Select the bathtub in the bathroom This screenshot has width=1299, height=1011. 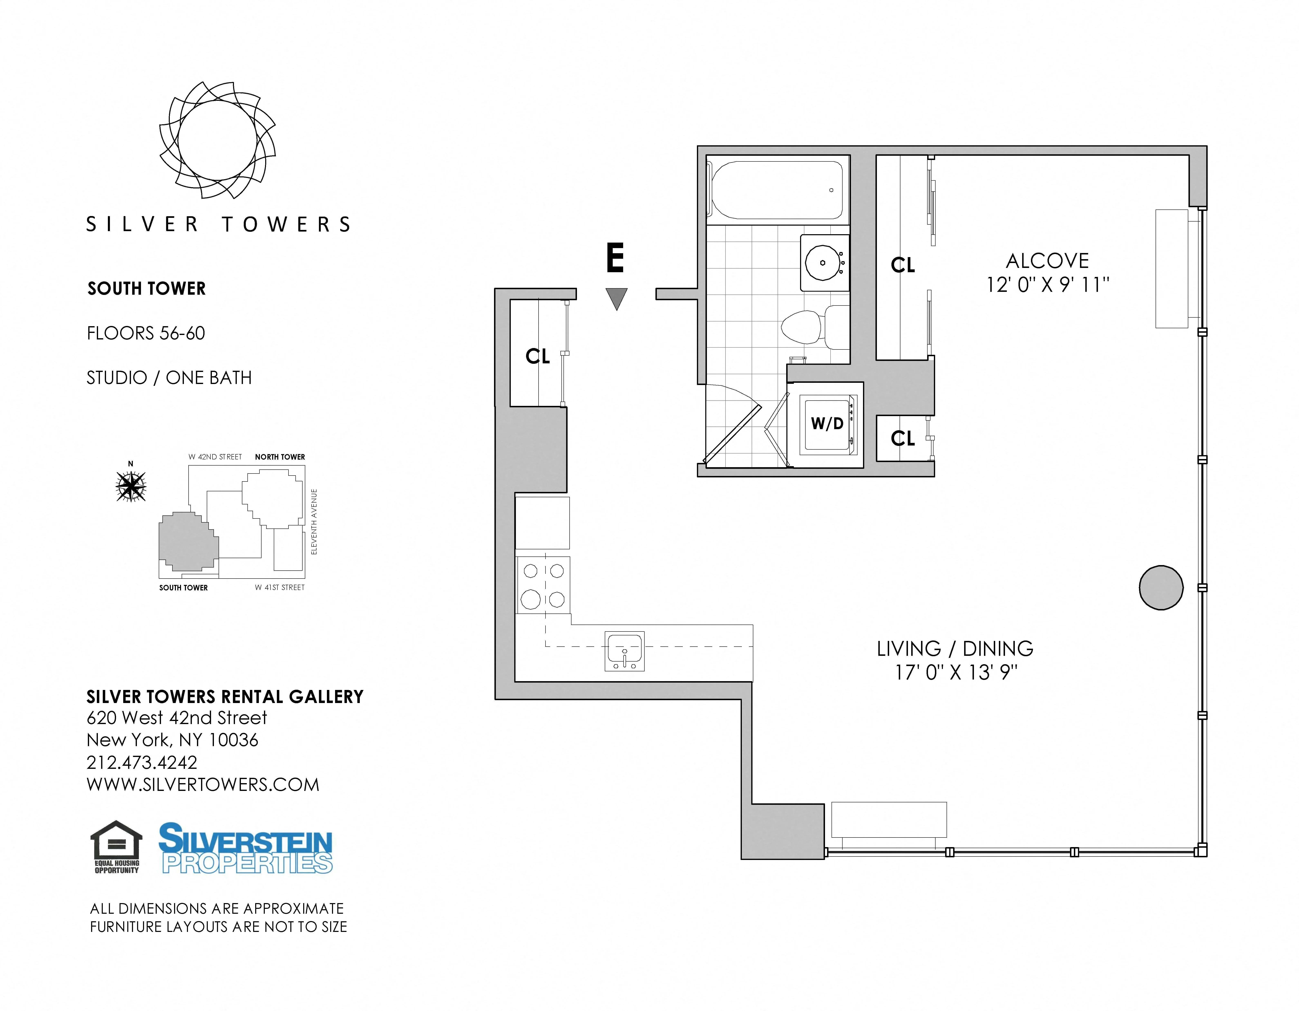pos(777,190)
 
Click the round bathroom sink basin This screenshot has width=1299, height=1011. pos(823,262)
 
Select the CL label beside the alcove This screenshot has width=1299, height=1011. pos(902,265)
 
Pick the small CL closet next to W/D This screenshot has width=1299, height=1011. pos(902,439)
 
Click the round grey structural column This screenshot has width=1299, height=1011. pos(1160,587)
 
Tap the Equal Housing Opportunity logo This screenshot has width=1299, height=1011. pos(117,847)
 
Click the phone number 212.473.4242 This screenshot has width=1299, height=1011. pos(142,762)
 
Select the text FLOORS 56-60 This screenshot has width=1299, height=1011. pos(146,333)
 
